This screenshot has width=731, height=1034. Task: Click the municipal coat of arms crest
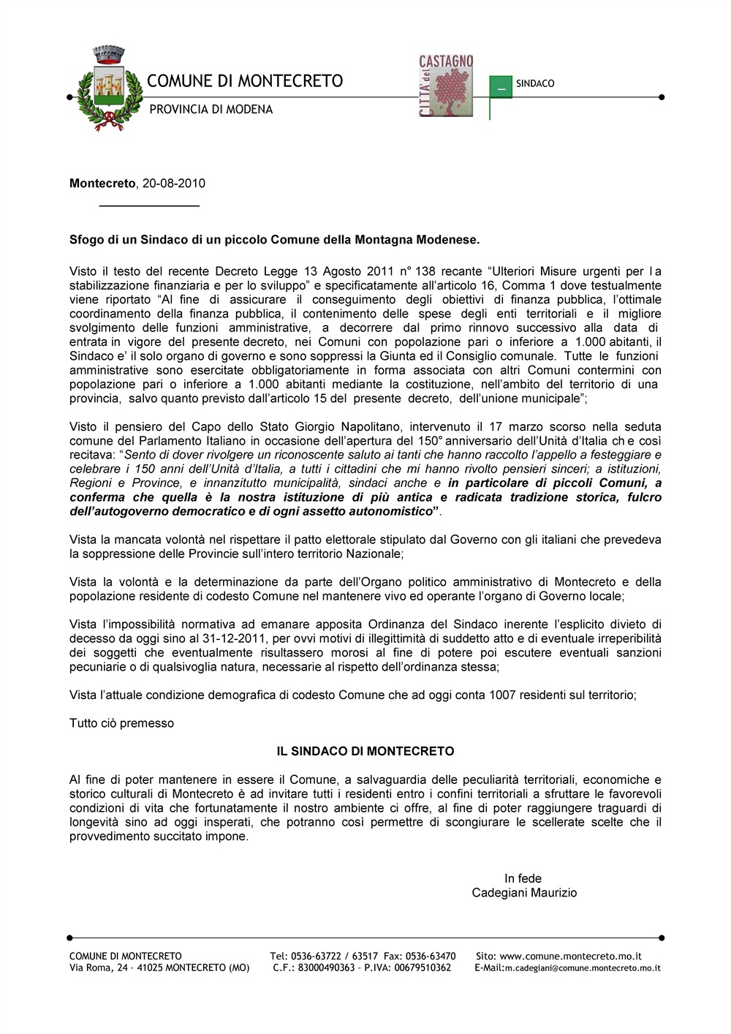click(109, 89)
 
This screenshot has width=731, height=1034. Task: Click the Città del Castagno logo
click(445, 86)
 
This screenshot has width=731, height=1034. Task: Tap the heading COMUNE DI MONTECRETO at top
click(245, 81)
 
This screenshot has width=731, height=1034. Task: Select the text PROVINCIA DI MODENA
click(211, 110)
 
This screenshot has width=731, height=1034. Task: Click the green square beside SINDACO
click(501, 86)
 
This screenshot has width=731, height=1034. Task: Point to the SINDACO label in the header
click(535, 84)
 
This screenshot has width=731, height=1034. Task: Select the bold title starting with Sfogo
click(274, 239)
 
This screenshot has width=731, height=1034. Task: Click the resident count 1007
click(504, 695)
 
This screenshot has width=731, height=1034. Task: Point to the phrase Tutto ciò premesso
click(121, 723)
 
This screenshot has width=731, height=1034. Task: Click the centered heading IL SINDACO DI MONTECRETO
click(365, 751)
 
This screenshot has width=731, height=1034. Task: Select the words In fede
click(523, 878)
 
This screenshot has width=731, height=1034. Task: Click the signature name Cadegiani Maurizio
click(524, 893)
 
